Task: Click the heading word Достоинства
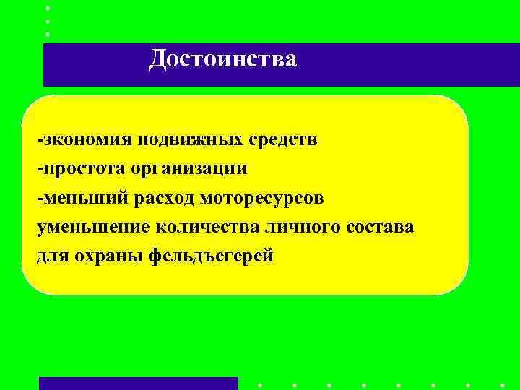point(222,59)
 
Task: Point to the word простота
point(84,168)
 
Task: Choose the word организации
point(189,169)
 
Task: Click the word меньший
point(82,197)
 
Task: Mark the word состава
point(381,227)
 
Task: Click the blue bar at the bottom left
point(138,383)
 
